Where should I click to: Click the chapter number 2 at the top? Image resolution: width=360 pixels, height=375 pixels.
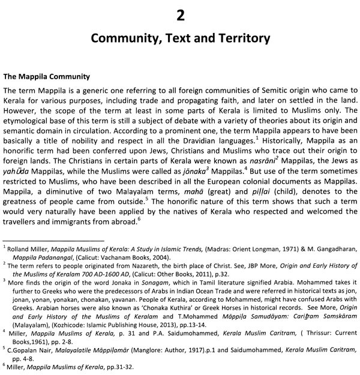[x=179, y=14]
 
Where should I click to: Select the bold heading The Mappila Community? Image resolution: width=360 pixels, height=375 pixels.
[x=46, y=77]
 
